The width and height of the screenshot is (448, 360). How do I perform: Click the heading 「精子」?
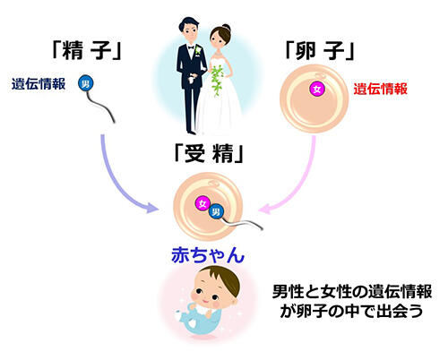click(86, 50)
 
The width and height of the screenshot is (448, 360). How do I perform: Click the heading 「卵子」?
click(319, 50)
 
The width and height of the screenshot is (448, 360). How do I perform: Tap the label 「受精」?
click(209, 154)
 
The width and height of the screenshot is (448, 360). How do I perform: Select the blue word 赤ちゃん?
click(208, 255)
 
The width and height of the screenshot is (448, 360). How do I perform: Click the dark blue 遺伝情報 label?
click(39, 84)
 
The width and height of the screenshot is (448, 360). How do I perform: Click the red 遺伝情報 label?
click(381, 89)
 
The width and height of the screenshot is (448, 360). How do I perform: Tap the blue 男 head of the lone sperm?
click(86, 83)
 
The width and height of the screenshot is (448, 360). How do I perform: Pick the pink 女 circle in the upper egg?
click(317, 90)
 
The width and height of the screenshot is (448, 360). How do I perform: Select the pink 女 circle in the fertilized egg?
click(202, 203)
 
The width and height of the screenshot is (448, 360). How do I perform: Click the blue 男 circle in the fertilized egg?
click(216, 211)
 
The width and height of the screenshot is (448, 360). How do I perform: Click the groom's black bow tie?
click(191, 47)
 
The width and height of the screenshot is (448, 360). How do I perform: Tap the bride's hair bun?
click(226, 27)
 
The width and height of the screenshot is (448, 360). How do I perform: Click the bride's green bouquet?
click(218, 80)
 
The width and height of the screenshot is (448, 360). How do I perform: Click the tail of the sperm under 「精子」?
click(100, 106)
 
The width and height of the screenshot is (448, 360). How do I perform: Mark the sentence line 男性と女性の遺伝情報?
click(352, 291)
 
